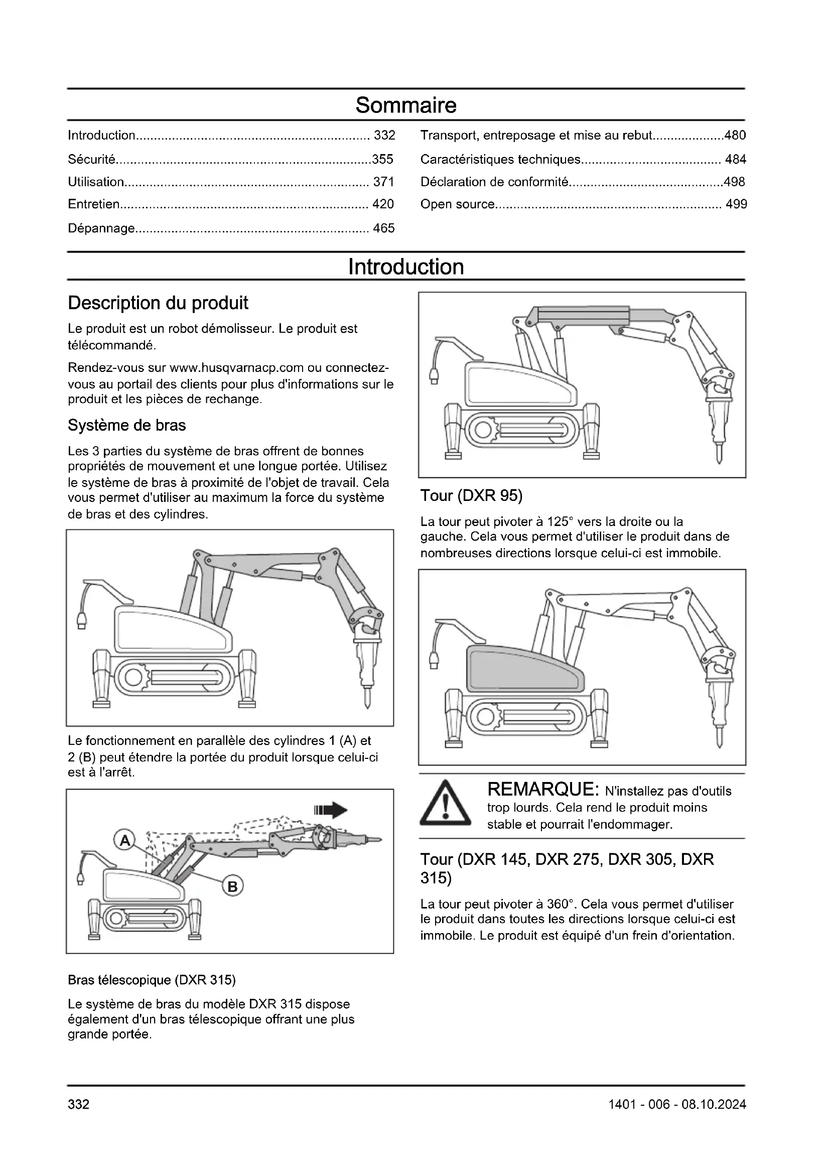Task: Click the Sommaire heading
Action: (406, 105)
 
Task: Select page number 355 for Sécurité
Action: (382, 160)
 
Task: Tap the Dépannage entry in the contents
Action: (101, 228)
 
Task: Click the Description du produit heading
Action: (158, 303)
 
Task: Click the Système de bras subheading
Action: (127, 426)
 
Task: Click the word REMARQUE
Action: (543, 790)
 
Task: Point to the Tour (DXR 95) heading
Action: (471, 495)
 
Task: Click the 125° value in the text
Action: (561, 521)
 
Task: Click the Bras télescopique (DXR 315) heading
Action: (152, 980)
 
